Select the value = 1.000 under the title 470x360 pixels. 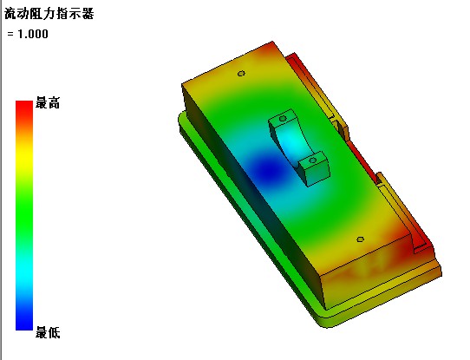click(x=28, y=34)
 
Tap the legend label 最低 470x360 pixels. click(x=48, y=332)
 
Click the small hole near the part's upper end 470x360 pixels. click(x=241, y=74)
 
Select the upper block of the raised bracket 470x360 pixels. click(x=283, y=122)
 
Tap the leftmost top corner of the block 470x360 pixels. click(x=183, y=84)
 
